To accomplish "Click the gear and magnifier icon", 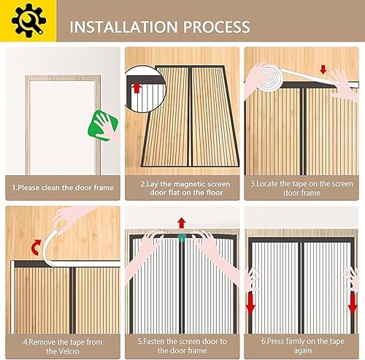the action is (x=28, y=20).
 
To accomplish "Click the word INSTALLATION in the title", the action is (x=123, y=27).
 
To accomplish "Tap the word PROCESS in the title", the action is (x=217, y=27).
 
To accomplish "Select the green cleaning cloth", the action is (x=103, y=126).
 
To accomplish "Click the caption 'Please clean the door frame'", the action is (x=63, y=188).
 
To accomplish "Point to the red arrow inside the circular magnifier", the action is (x=137, y=88).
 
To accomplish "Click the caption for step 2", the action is (x=185, y=188).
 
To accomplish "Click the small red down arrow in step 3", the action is (x=323, y=69).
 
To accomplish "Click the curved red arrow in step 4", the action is (x=36, y=247).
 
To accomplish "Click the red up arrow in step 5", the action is (x=181, y=223).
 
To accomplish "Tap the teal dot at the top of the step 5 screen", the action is (x=182, y=237).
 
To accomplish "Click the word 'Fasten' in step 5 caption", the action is (x=154, y=342).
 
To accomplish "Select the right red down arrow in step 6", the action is (x=353, y=305).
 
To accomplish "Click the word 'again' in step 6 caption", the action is (x=303, y=351).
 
